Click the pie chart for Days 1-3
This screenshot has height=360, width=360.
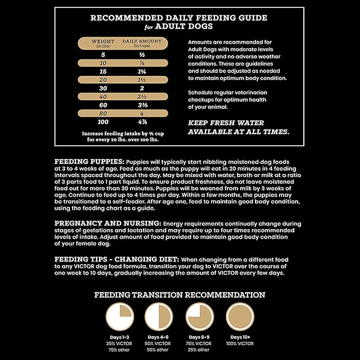click(119, 317)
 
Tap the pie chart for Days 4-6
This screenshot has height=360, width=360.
click(159, 317)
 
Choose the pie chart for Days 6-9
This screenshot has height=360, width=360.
click(199, 317)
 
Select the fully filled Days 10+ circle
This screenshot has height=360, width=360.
click(240, 317)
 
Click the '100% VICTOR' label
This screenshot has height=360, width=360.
click(240, 344)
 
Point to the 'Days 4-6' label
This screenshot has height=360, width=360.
click(159, 337)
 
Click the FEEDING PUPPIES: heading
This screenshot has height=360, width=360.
click(89, 161)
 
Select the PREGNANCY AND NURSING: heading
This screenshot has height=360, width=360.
click(108, 223)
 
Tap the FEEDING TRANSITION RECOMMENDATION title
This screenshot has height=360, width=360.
click(180, 295)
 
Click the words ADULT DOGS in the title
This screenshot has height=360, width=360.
click(189, 26)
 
